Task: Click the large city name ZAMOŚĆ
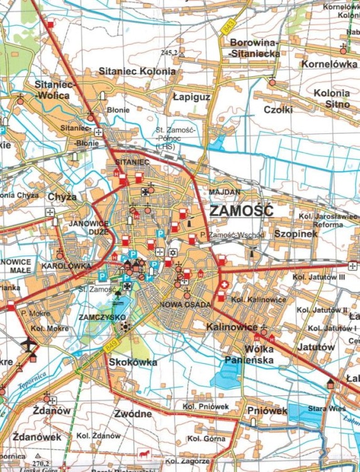pos(242,211)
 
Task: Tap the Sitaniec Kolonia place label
pos(137,72)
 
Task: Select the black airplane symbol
pos(28,344)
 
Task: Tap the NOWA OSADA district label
pos(179,305)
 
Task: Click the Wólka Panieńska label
pos(250,355)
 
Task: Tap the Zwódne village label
pos(133,413)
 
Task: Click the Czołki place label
pos(278,110)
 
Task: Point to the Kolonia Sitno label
pos(332,99)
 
